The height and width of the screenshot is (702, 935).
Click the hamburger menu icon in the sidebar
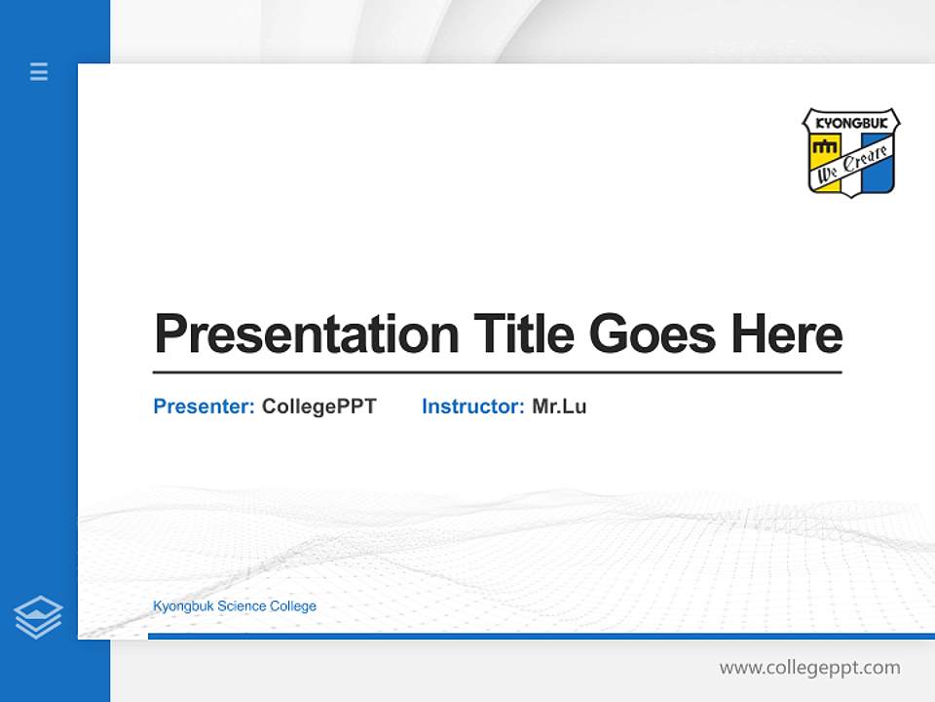point(39,71)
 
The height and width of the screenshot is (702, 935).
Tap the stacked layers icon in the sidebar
point(38,617)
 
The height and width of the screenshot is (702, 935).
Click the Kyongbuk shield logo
point(850,152)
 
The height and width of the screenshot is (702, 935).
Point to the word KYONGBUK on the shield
point(850,125)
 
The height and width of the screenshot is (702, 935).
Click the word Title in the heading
point(525,334)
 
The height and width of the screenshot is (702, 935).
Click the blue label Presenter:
point(204,407)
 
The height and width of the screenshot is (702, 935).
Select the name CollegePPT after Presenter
point(318,407)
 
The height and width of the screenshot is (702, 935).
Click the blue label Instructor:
point(472,407)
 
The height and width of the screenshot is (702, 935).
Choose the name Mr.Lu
point(559,407)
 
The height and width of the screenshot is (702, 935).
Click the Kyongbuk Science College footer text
point(235,606)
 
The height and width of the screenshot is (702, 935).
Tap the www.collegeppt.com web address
point(809,668)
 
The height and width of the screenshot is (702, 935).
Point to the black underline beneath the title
point(497,372)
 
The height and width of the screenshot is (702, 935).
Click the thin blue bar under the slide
point(536,636)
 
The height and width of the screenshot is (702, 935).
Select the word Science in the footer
point(240,606)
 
